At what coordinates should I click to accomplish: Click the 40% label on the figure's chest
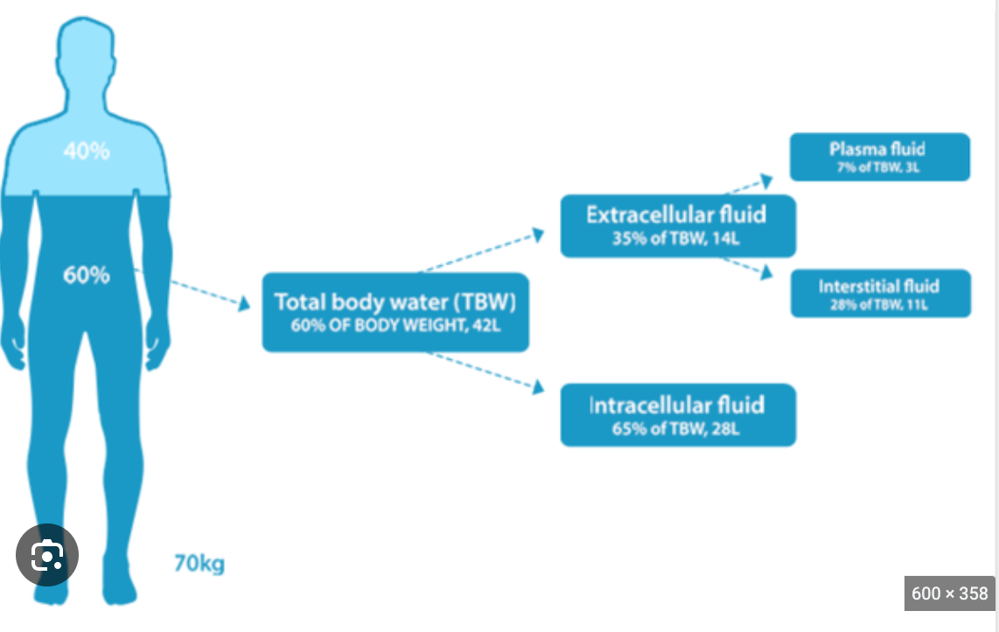point(87,151)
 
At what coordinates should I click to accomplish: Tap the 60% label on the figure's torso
point(87,275)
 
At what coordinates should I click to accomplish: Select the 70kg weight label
point(199,563)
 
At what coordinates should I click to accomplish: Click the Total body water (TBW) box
point(395,312)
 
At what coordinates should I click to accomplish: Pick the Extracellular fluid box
point(677,226)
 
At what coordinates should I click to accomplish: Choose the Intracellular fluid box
point(677,415)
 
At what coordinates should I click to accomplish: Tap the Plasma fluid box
point(879,157)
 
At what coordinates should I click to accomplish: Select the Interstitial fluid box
point(879,294)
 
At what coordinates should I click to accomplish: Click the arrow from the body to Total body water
point(206,293)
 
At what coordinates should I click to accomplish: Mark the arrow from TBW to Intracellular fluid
point(486,372)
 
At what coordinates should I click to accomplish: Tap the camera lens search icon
point(47,555)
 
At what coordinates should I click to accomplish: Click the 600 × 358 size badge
point(948,593)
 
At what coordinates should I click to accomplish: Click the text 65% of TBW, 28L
point(677,428)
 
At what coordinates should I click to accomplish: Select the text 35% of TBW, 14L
point(677,239)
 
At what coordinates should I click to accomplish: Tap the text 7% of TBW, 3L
point(879,167)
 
